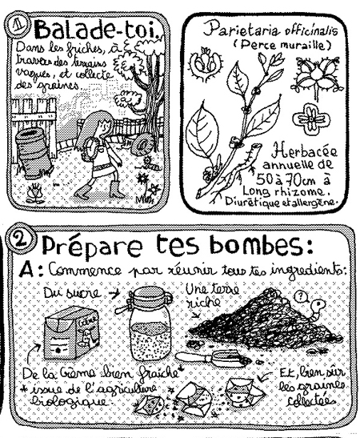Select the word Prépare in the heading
tap(87, 240)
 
